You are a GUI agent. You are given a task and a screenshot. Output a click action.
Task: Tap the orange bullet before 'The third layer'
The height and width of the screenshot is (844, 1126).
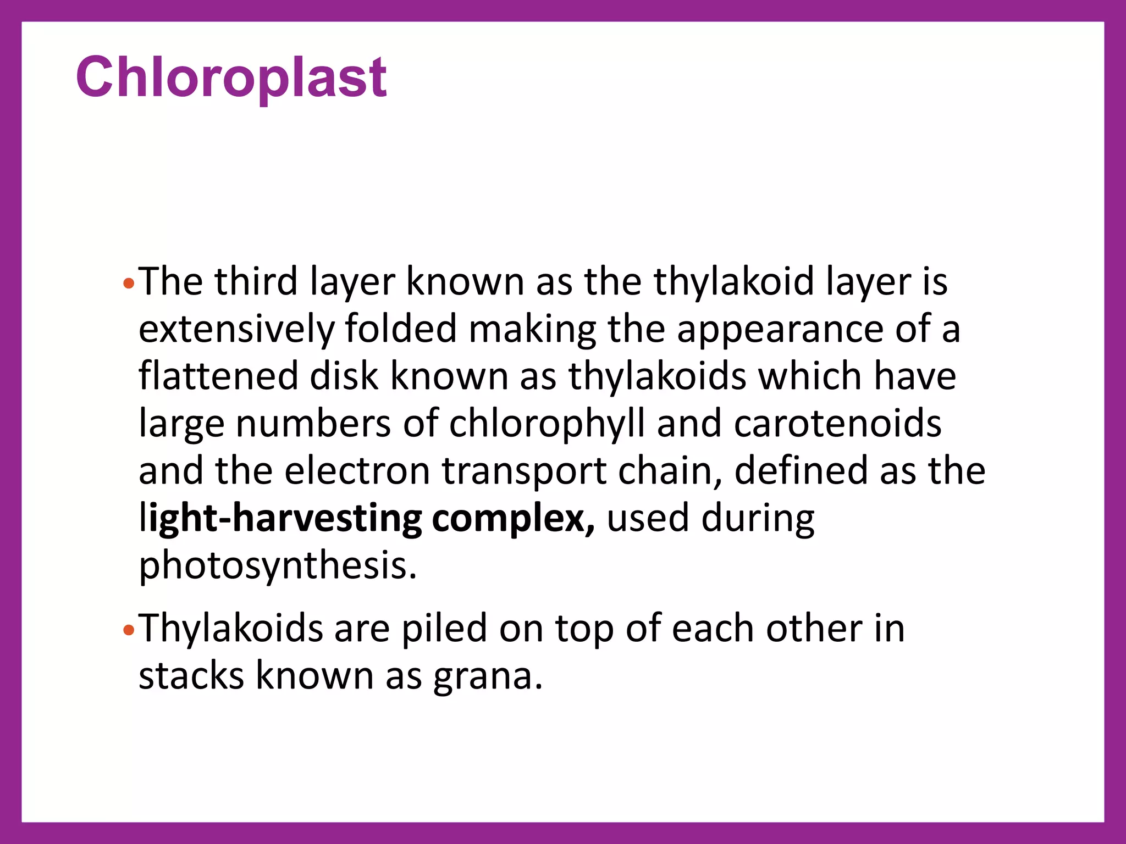tap(129, 284)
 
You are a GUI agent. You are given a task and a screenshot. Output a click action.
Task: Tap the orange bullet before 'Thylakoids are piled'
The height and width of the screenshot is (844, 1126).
tap(129, 630)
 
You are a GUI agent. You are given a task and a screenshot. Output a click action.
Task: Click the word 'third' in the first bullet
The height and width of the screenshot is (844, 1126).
tap(256, 281)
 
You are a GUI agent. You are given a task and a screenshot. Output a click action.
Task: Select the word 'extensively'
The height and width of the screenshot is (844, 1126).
tap(236, 329)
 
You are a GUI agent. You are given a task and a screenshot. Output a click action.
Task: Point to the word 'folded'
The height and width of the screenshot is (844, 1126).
tap(401, 329)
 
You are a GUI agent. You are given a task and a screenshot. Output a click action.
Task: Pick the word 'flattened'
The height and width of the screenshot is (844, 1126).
tap(218, 376)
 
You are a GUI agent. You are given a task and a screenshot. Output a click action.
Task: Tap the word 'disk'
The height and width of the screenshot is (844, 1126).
tap(344, 376)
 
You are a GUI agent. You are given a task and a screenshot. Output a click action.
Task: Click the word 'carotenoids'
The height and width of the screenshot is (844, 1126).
tap(837, 424)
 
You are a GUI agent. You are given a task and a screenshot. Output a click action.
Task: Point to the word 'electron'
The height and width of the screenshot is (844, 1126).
tap(357, 471)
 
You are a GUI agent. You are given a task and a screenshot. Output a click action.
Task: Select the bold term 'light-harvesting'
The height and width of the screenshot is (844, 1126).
tap(280, 519)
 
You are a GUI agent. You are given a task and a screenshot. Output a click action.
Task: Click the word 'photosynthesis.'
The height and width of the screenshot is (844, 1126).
tap(278, 566)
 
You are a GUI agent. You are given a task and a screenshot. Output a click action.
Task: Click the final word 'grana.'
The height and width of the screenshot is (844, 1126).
tap(488, 677)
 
